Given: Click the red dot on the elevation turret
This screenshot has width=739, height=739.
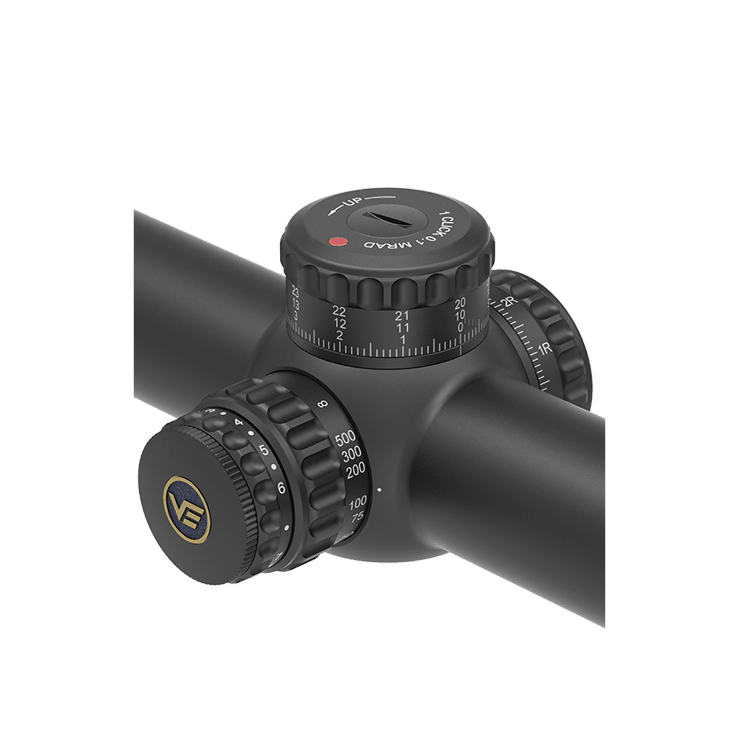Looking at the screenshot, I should click(x=336, y=242).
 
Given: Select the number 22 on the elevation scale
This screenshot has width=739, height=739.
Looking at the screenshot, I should click(x=339, y=310).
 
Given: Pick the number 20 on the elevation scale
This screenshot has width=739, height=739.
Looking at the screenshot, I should click(x=460, y=303).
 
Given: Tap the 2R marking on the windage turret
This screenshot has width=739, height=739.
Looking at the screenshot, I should click(x=509, y=303).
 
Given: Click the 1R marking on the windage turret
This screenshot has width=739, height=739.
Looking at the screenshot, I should click(x=544, y=350).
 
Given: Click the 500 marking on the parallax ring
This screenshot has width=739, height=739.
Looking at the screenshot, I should click(x=346, y=440).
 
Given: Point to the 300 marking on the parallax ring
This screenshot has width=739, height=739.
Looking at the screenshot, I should click(x=352, y=456).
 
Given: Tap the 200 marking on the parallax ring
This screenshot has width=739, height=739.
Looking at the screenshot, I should click(x=355, y=471).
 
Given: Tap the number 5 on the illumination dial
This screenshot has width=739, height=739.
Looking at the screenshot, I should click(x=265, y=450).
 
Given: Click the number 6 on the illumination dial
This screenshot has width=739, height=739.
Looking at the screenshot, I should click(x=281, y=489).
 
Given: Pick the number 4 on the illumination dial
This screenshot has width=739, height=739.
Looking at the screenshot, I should click(x=239, y=423).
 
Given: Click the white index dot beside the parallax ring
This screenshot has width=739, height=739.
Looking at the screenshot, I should click(x=379, y=490).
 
